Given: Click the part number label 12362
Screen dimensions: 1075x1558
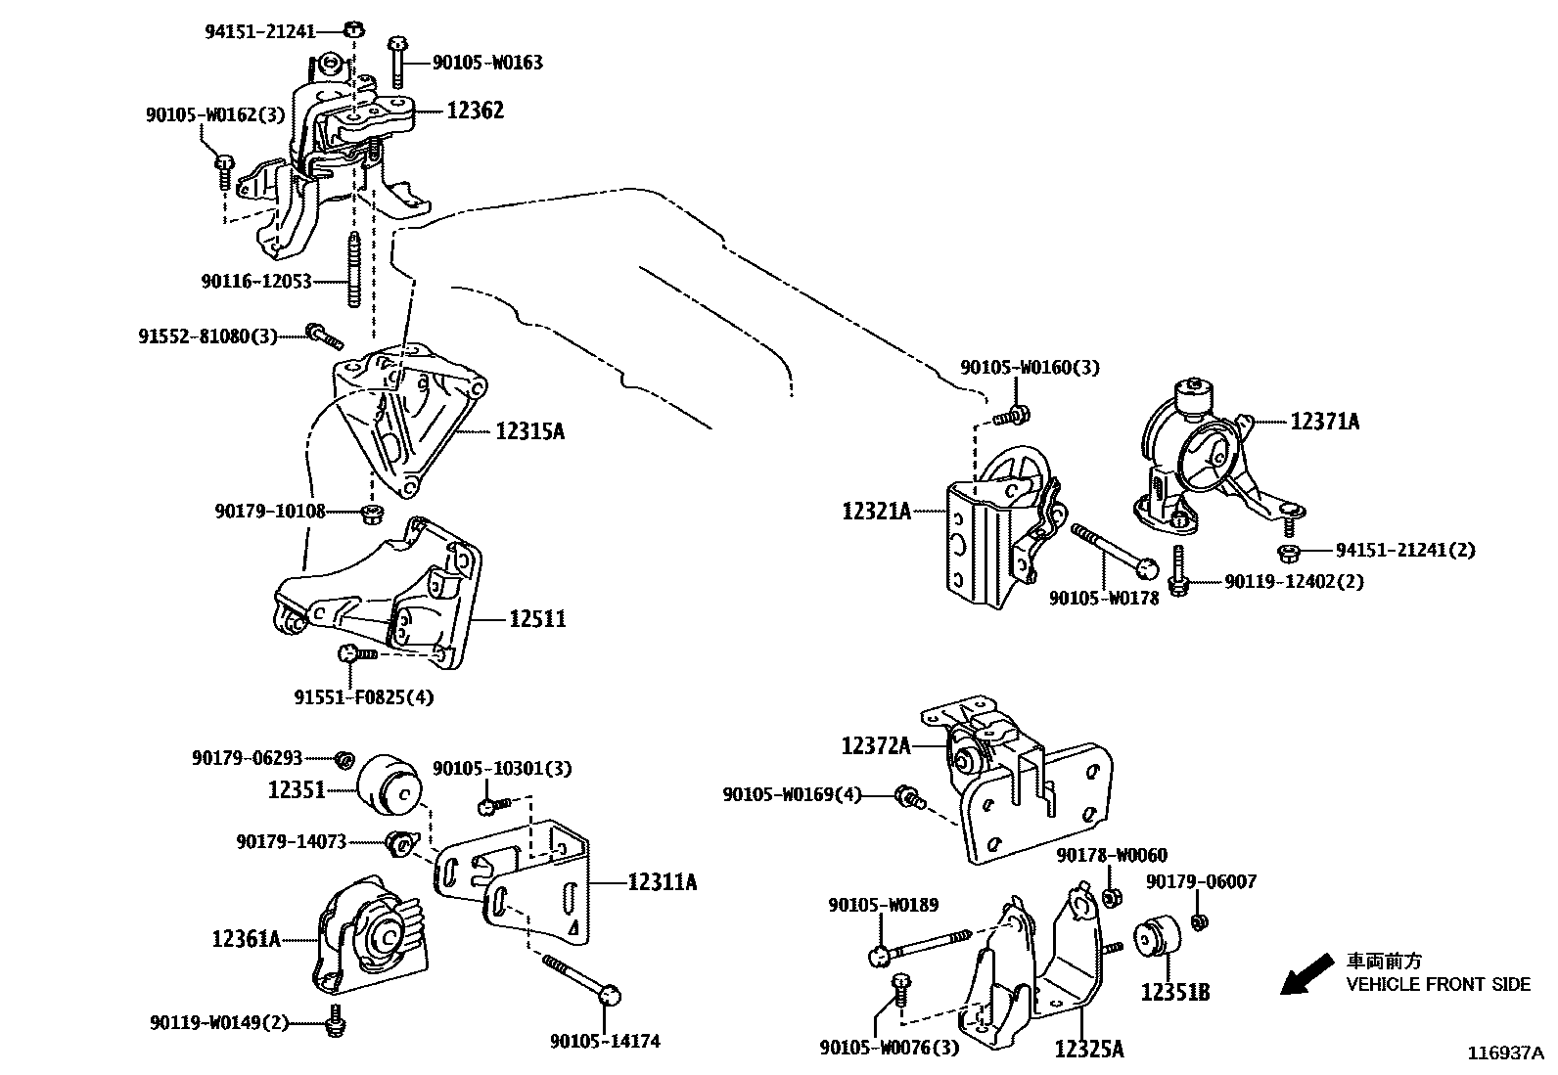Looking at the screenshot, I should pos(476,111).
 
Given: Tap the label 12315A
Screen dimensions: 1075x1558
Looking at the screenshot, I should pos(529,430).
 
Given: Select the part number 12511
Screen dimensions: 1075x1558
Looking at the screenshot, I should pos(536,618).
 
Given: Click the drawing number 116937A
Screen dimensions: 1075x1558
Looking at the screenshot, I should pos(1504,1053).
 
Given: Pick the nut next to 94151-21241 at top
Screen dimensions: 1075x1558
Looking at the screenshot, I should pos(355,28).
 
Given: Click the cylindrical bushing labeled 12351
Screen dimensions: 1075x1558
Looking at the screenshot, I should pos(389,784).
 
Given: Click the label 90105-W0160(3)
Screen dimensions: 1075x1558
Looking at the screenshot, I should pos(1029,368).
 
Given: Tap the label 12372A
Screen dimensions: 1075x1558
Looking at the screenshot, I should pos(876,746).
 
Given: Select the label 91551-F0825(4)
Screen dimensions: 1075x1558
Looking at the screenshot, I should pos(363,697).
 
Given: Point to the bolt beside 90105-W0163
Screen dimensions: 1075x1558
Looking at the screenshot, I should pos(397,62).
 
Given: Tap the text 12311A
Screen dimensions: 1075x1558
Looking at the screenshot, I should pos(662,882).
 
